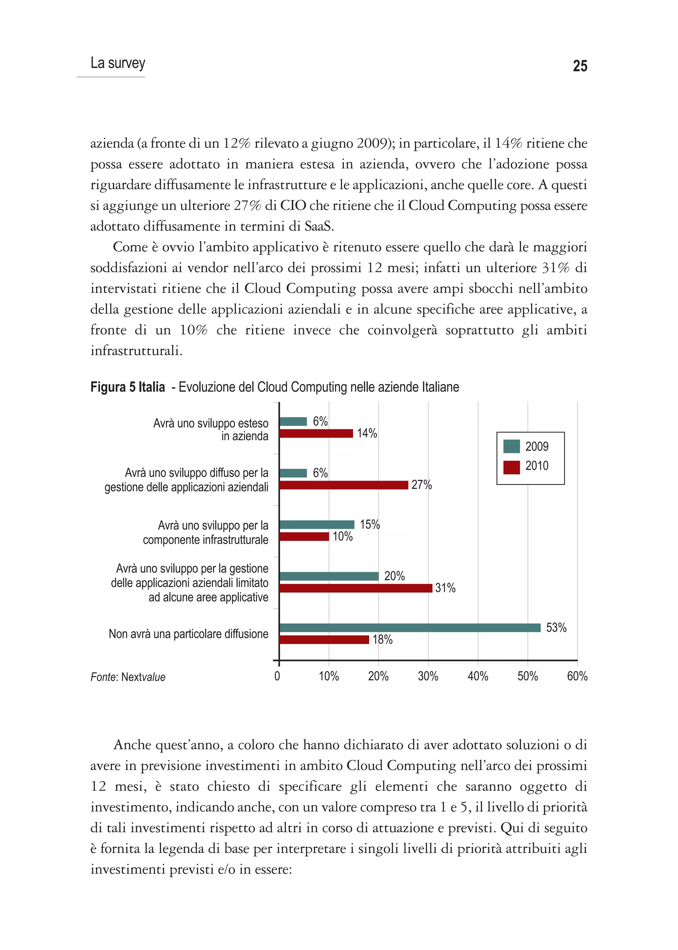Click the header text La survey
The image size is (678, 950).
pos(118,63)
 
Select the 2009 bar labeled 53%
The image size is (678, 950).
pos(410,627)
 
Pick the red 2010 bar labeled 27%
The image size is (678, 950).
pos(343,485)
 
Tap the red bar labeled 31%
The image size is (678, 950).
pos(355,588)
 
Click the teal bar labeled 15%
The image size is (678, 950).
pos(316,525)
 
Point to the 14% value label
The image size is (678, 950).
pos(366,433)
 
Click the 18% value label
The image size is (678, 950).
pos(382,640)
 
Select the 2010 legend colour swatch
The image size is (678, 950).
pos(511,467)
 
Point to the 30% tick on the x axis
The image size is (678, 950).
pos(428,676)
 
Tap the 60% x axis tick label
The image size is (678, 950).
pos(577,676)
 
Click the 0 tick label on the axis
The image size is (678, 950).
pos(277,676)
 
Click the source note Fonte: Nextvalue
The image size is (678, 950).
pos(128,677)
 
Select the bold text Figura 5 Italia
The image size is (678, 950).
pos(127,387)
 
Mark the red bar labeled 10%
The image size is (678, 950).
pos(304,536)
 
